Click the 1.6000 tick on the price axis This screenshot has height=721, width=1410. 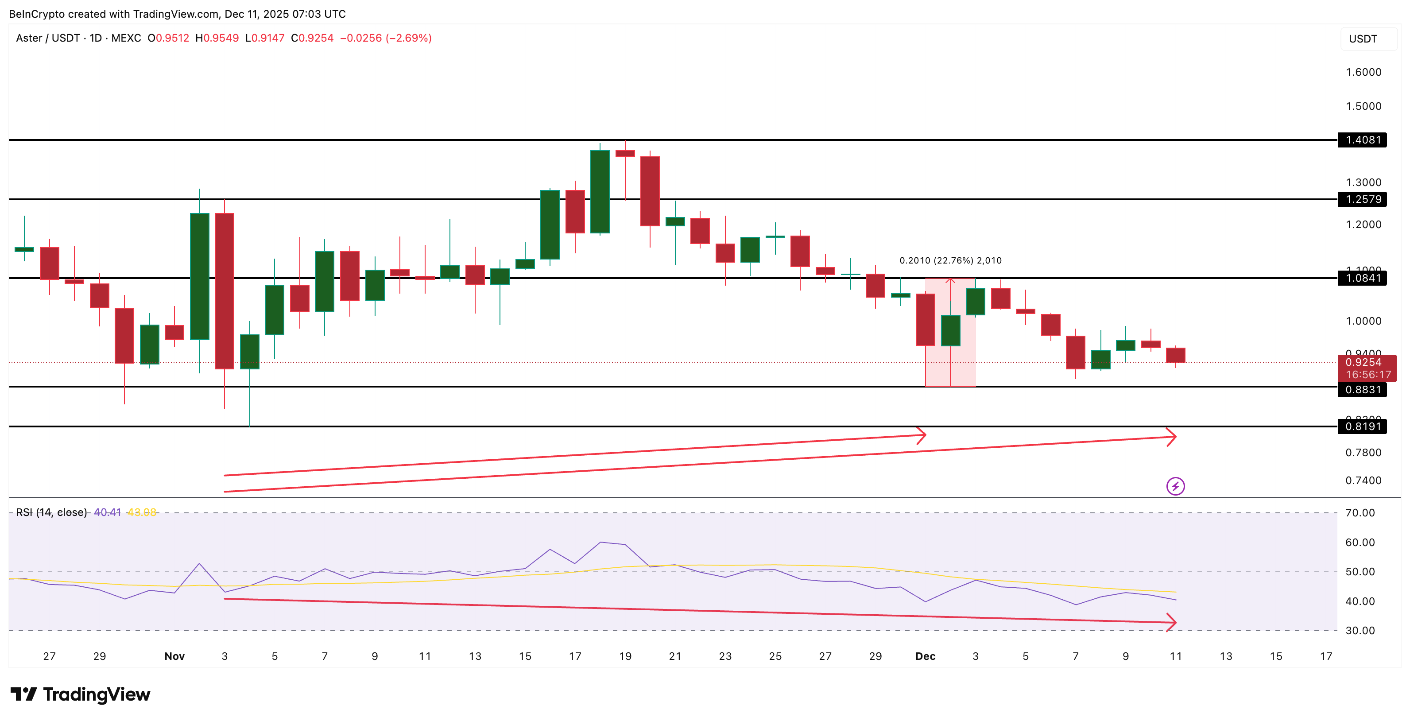(1363, 72)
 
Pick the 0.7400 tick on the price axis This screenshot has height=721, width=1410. (1363, 481)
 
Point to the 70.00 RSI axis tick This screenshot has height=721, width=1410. (1360, 513)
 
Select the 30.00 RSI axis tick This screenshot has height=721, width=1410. (1360, 631)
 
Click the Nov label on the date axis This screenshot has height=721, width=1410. (174, 656)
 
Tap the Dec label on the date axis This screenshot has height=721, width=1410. (925, 656)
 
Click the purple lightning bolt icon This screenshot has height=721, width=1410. (1175, 486)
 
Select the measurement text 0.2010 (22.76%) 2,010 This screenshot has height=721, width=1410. (950, 260)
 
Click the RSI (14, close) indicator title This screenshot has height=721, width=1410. (51, 512)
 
